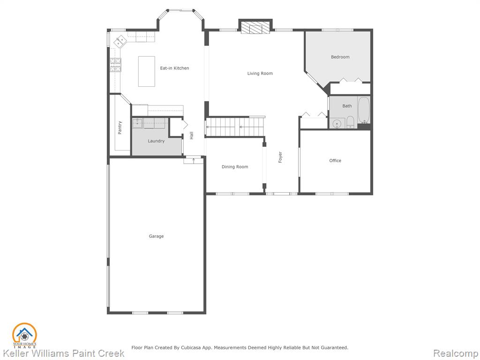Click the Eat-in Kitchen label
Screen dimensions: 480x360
pos(174,68)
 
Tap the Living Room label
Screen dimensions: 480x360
pos(260,74)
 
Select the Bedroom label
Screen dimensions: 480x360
pos(340,57)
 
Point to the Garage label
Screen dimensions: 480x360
pos(156,236)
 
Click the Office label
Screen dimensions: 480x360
pos(335,160)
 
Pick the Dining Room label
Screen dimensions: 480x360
pos(235,167)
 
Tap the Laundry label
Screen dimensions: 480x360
pos(156,141)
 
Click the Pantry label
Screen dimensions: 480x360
pos(120,127)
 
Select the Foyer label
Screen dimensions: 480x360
pos(280,157)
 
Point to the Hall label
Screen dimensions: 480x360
pos(191,135)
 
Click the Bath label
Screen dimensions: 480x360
pos(347,106)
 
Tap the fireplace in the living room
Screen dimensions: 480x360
pos(255,27)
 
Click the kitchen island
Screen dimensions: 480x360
pos(147,71)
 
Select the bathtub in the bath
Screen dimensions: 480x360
pos(364,110)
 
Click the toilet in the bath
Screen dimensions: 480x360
pos(351,123)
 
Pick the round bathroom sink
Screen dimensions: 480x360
pos(337,123)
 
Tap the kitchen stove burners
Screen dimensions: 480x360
pos(115,65)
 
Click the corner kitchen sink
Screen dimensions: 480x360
pos(120,41)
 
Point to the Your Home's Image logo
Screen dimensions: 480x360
pos(24,336)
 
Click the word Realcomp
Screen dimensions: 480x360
pos(456,353)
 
